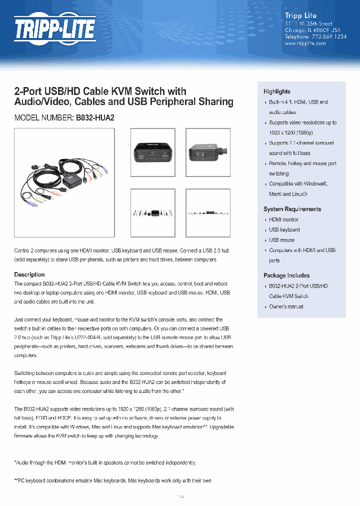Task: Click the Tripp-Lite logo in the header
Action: click(54, 29)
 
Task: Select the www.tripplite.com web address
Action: click(305, 43)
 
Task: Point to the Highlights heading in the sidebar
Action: click(276, 91)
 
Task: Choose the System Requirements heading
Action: click(292, 209)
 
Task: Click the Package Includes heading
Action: click(286, 275)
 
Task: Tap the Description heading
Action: click(29, 274)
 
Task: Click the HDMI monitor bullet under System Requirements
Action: click(283, 219)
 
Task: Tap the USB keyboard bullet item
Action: click(284, 230)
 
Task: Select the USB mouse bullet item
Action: click(281, 240)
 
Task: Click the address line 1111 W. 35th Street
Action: click(308, 23)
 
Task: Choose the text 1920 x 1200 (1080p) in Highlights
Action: click(290, 132)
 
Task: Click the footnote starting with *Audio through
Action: click(105, 463)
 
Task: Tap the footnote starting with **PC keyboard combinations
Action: click(112, 481)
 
